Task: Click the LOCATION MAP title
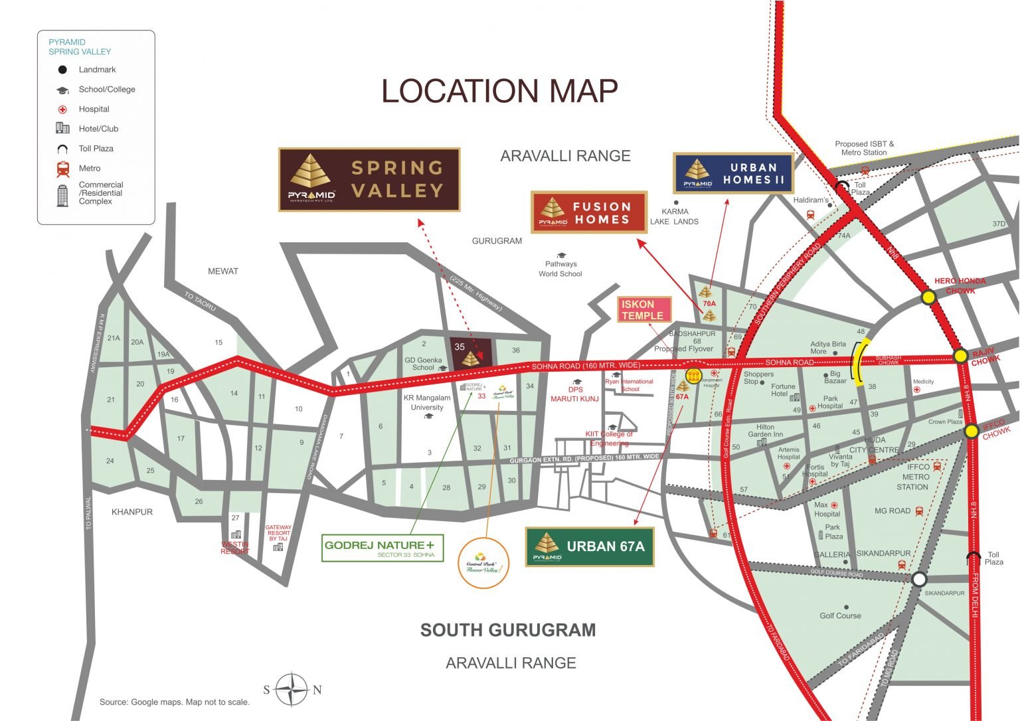pyautogui.click(x=499, y=91)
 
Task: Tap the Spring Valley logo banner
pyautogui.click(x=369, y=179)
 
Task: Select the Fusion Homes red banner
pyautogui.click(x=589, y=212)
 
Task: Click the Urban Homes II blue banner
pyautogui.click(x=733, y=173)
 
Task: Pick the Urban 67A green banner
pyautogui.click(x=590, y=546)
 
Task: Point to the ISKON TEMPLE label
pyautogui.click(x=644, y=310)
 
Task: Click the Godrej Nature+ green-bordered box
pyautogui.click(x=382, y=548)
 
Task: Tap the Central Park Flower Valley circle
pyautogui.click(x=483, y=564)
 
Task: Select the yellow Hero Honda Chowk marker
pyautogui.click(x=928, y=297)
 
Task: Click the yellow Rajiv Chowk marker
pyautogui.click(x=960, y=356)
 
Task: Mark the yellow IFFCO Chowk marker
pyautogui.click(x=972, y=432)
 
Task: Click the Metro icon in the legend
pyautogui.click(x=63, y=169)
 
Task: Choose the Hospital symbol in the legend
pyautogui.click(x=62, y=110)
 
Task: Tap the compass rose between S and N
pyautogui.click(x=292, y=689)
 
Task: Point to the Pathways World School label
pyautogui.click(x=560, y=269)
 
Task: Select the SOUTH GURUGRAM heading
pyautogui.click(x=508, y=630)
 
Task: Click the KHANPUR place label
pyautogui.click(x=132, y=512)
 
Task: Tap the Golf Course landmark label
pyautogui.click(x=840, y=615)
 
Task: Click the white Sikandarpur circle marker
pyautogui.click(x=918, y=579)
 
